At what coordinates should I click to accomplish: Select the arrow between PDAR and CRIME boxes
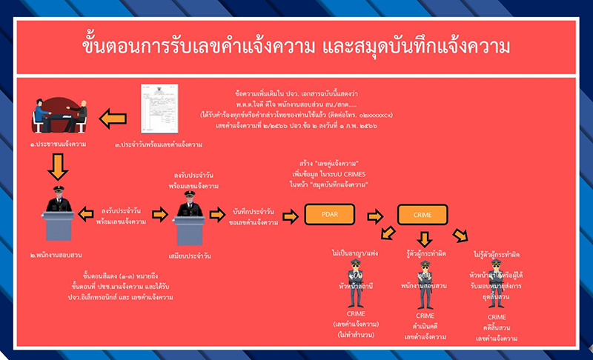coord(376,215)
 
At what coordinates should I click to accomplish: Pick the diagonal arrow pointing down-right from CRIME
coord(461,236)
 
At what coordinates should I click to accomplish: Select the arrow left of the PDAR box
coord(291,215)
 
